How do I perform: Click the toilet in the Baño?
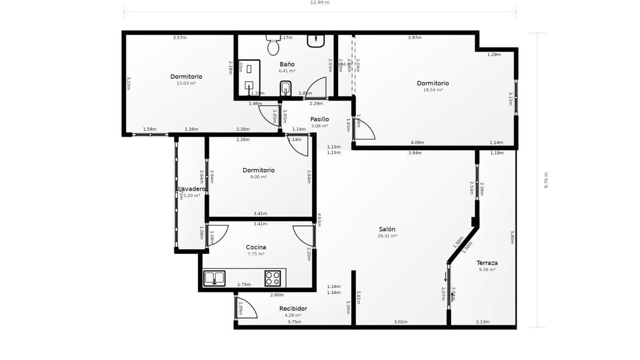click(x=273, y=45)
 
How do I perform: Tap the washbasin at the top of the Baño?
click(x=316, y=40)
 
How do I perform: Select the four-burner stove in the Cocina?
click(x=272, y=278)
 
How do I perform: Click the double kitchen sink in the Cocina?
click(x=214, y=278)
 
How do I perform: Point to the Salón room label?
click(x=387, y=229)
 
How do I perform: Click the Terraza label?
click(x=487, y=263)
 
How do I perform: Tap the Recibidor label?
click(x=293, y=308)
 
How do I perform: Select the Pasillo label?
click(x=319, y=119)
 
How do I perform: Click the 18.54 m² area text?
click(x=433, y=90)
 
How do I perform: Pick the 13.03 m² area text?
click(x=186, y=83)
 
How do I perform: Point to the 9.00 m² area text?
click(x=258, y=177)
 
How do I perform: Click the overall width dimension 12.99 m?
click(x=320, y=3)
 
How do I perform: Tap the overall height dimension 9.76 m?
click(x=546, y=180)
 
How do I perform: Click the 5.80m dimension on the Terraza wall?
click(x=512, y=237)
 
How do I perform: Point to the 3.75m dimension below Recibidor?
click(x=294, y=322)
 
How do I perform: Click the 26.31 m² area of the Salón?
click(x=387, y=236)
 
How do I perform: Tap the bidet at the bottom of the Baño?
click(x=285, y=88)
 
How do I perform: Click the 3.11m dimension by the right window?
click(x=510, y=98)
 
